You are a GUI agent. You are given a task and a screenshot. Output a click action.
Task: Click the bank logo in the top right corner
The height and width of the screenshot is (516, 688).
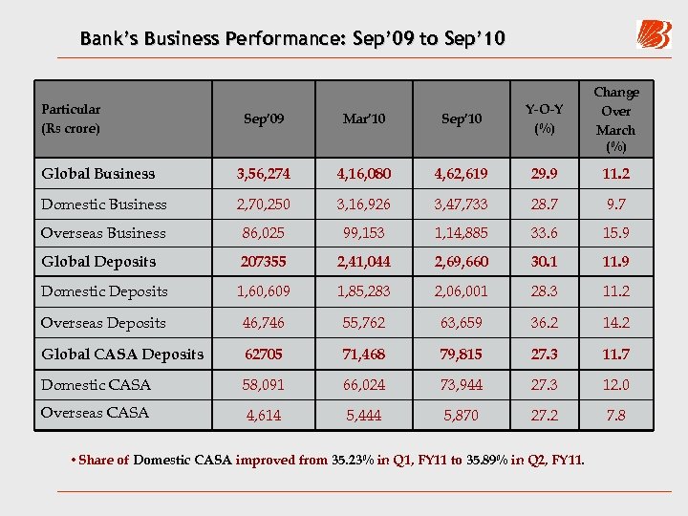coord(654,34)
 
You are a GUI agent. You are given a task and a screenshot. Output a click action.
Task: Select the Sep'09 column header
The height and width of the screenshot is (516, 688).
coord(263,119)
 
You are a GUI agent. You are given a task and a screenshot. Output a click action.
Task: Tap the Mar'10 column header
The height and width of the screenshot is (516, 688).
coord(362,119)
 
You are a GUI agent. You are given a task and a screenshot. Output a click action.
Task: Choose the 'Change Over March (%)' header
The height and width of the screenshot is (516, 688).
coord(615,119)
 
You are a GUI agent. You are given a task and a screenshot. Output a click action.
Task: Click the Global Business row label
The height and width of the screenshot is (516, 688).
coord(97,174)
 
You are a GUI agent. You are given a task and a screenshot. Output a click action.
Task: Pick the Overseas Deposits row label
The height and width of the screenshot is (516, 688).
coord(103,323)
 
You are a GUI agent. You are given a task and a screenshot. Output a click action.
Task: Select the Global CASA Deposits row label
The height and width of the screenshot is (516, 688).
coord(122,355)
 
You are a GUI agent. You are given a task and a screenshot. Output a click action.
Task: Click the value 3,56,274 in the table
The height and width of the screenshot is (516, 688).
coord(263,174)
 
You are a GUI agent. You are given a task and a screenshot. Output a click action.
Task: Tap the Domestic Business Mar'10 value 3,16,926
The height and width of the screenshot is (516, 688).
coord(362,204)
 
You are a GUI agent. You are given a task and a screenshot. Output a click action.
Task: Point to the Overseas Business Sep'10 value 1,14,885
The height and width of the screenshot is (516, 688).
coord(461,233)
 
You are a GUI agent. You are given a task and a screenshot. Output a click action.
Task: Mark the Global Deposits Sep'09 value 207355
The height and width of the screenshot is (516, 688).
coord(263,262)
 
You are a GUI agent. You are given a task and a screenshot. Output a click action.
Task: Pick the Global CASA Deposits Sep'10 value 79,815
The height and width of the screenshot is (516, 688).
coord(461,355)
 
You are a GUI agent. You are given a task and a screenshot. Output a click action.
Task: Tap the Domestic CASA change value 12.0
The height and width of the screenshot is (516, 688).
coord(615,385)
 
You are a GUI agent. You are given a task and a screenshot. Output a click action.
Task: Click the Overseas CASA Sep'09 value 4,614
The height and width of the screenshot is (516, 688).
coord(263,417)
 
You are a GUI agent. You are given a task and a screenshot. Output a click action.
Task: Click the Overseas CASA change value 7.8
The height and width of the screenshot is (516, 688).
coord(615,417)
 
